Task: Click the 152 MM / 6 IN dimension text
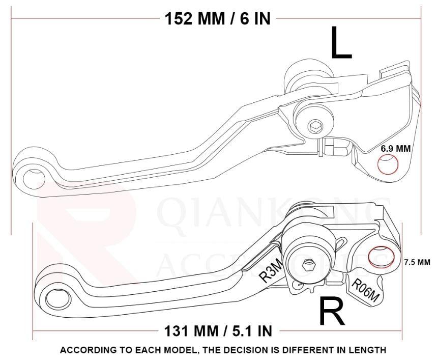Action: (x=217, y=18)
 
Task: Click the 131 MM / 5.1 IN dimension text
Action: (x=217, y=330)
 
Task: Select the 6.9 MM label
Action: (x=396, y=149)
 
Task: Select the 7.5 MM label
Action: (x=417, y=262)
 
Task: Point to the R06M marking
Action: (x=365, y=292)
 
